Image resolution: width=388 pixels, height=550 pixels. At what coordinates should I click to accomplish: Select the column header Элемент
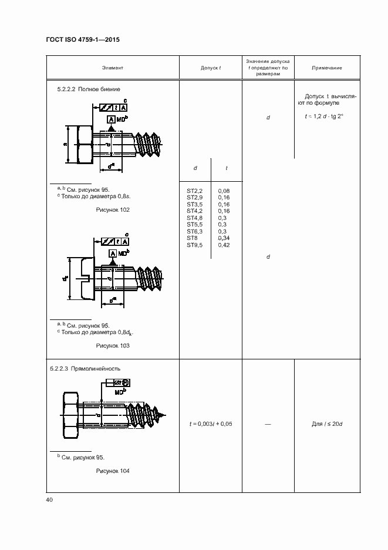[x=112, y=68]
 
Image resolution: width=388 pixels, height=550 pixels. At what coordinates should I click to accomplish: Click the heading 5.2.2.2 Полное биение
[x=89, y=89]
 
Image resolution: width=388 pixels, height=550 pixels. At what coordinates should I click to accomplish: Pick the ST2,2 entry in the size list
[x=194, y=191]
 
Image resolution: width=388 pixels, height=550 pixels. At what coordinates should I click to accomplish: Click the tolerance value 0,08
[x=224, y=191]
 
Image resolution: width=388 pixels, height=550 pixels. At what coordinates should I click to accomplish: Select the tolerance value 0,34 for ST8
[x=224, y=238]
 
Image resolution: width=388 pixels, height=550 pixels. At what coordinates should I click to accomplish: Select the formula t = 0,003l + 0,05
[x=210, y=424]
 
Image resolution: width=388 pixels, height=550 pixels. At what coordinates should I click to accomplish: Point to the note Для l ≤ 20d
[x=327, y=424]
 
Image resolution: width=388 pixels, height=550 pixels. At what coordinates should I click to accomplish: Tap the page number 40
[x=49, y=500]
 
